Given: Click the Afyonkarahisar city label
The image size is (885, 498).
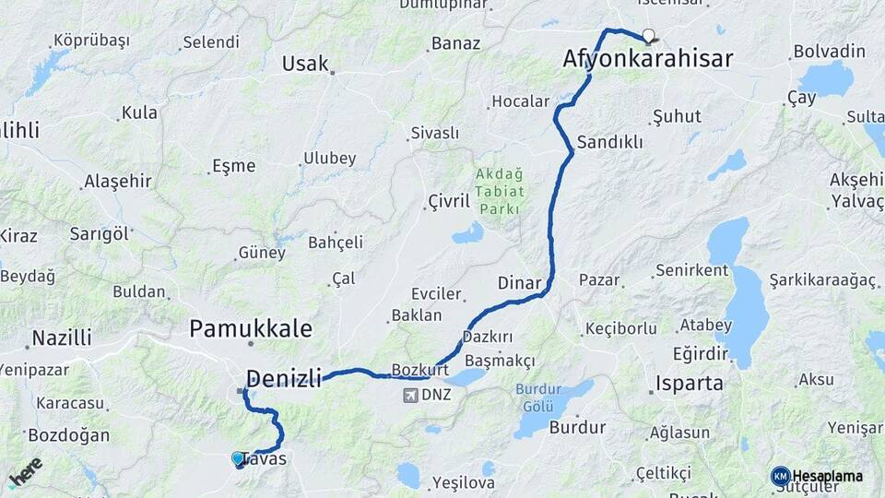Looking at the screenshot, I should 647,60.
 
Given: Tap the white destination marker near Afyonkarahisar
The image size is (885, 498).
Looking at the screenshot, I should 648,37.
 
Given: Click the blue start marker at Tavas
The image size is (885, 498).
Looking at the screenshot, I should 239,458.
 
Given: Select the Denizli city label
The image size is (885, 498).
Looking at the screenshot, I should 284,378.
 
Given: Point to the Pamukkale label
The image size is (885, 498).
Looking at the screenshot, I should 251,328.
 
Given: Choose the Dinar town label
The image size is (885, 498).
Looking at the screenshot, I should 518,283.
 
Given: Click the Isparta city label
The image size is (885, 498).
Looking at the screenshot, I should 690,384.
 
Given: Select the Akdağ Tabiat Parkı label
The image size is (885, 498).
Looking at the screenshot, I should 501,191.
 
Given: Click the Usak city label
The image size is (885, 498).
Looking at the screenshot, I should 305,64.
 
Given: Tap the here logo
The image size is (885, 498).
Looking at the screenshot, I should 26,471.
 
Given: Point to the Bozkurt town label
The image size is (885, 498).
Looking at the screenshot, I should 420,369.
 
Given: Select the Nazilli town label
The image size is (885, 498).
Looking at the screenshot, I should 62,338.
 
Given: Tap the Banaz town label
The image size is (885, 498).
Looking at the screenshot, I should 455,43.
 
